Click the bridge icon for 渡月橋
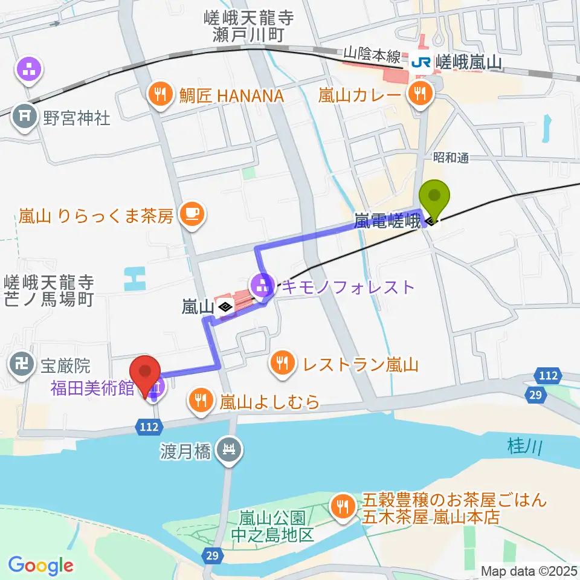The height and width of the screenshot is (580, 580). [x=230, y=449]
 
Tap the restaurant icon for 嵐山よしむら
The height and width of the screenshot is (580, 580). [x=200, y=399]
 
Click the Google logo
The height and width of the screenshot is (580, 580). [x=40, y=565]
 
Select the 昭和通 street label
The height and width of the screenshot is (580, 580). [x=451, y=157]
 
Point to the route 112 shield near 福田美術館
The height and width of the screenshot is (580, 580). [x=148, y=427]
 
